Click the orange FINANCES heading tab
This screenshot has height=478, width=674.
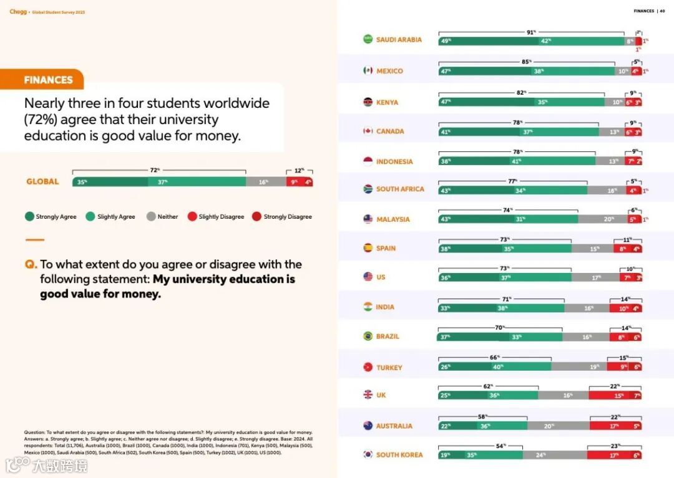pyautogui.click(x=48, y=80)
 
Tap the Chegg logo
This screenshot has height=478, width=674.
pyautogui.click(x=17, y=11)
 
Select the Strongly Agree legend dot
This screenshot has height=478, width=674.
pyautogui.click(x=29, y=217)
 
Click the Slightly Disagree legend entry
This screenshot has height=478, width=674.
pyautogui.click(x=216, y=217)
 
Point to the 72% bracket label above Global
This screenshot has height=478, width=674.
pyautogui.click(x=155, y=170)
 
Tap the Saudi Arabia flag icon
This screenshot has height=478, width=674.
pyautogui.click(x=368, y=39)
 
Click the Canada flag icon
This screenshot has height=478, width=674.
pyautogui.click(x=368, y=131)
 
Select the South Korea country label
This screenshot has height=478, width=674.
pyautogui.click(x=399, y=455)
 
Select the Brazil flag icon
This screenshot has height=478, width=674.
pyautogui.click(x=368, y=336)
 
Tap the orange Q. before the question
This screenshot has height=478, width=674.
pyautogui.click(x=31, y=265)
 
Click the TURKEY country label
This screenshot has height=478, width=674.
pyautogui.click(x=389, y=368)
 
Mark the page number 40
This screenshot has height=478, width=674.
pyautogui.click(x=662, y=11)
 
